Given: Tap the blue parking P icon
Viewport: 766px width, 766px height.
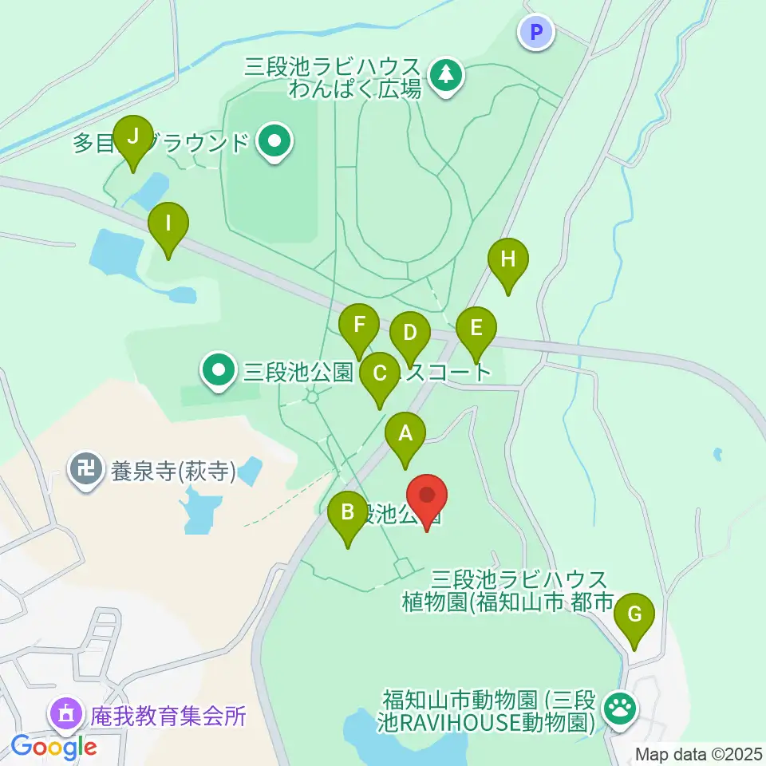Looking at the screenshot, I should (x=536, y=32).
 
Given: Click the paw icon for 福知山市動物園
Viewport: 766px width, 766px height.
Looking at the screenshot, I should (x=620, y=705).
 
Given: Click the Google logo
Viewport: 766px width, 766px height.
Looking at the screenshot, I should (x=53, y=748).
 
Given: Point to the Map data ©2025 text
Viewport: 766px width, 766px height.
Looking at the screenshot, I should (x=697, y=753).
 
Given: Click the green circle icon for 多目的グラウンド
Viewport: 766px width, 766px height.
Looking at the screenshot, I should (x=275, y=143).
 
